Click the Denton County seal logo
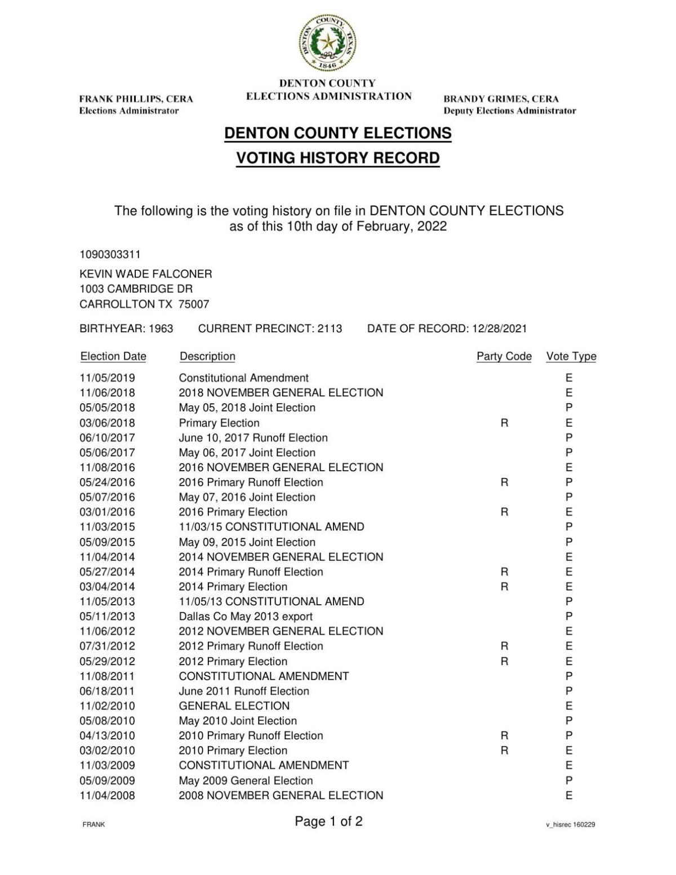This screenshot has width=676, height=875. click(327, 43)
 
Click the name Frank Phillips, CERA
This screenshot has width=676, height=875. click(136, 99)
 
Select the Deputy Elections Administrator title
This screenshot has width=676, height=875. click(509, 111)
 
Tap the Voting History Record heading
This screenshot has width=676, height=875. click(337, 158)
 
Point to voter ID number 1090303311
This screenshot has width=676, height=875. click(110, 255)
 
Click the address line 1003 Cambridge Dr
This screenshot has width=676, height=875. click(136, 289)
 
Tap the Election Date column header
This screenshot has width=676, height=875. click(113, 356)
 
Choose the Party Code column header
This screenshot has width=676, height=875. click(504, 356)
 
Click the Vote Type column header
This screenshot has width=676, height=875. click(571, 356)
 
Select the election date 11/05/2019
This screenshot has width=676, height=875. click(107, 378)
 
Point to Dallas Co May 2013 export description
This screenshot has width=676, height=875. click(246, 617)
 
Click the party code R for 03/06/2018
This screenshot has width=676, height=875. click(504, 423)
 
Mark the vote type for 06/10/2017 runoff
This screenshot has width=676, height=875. click(569, 437)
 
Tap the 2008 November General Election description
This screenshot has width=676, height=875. click(281, 796)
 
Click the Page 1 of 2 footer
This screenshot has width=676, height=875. click(328, 822)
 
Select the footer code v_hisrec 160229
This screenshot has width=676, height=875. click(570, 825)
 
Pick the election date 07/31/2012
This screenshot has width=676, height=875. click(107, 646)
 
